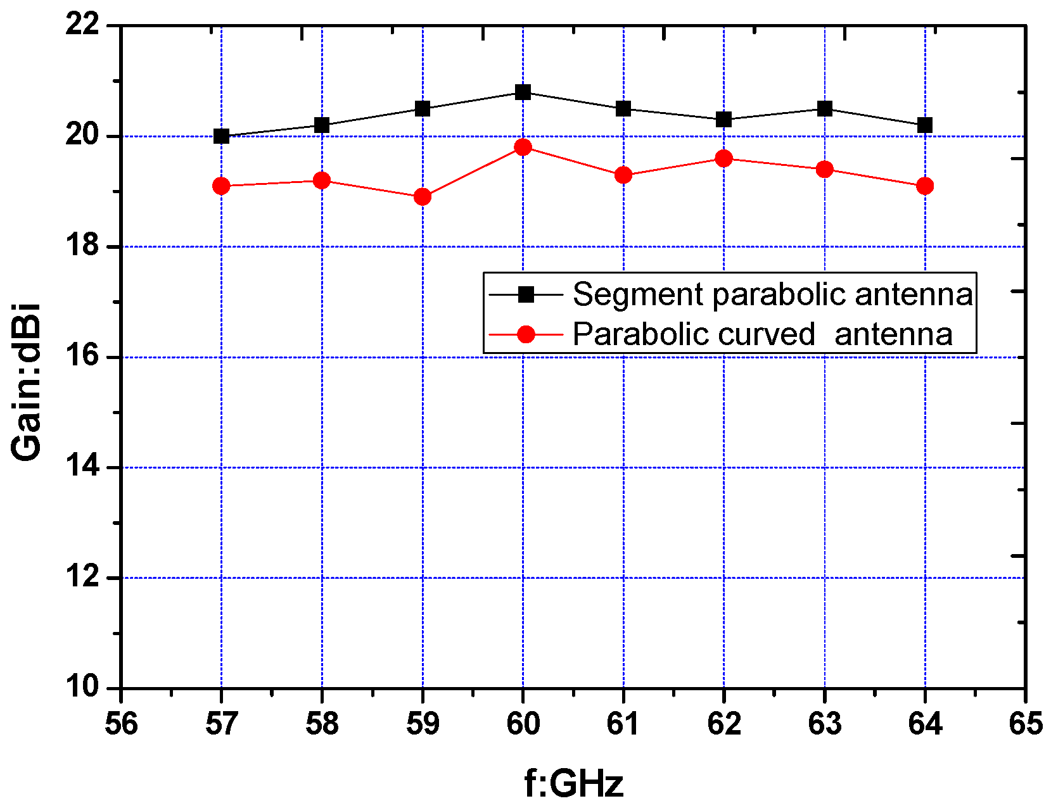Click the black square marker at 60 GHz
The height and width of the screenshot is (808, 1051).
pyautogui.click(x=523, y=92)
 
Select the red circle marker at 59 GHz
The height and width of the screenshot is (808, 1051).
pyautogui.click(x=423, y=197)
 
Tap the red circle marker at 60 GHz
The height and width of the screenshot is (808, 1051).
pyautogui.click(x=523, y=148)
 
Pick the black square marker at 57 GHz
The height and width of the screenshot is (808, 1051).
pyautogui.click(x=221, y=136)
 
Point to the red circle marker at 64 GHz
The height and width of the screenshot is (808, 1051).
pyautogui.click(x=925, y=186)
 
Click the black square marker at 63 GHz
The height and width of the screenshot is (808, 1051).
pyautogui.click(x=824, y=109)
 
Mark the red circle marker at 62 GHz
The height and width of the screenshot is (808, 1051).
pyautogui.click(x=724, y=158)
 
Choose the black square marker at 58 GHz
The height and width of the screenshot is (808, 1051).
pyautogui.click(x=322, y=125)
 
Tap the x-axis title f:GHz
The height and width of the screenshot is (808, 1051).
pyautogui.click(x=573, y=783)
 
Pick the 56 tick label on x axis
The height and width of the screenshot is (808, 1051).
pyautogui.click(x=121, y=723)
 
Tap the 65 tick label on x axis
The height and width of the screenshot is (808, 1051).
pyautogui.click(x=1025, y=723)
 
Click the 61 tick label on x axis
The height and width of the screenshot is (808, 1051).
pyautogui.click(x=623, y=723)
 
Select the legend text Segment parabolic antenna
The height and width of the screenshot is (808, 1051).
pyautogui.click(x=772, y=294)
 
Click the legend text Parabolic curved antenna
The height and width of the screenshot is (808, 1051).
pyautogui.click(x=762, y=334)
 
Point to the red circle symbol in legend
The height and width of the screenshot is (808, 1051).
pyautogui.click(x=526, y=334)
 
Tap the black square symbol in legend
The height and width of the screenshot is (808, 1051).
pyautogui.click(x=526, y=294)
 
